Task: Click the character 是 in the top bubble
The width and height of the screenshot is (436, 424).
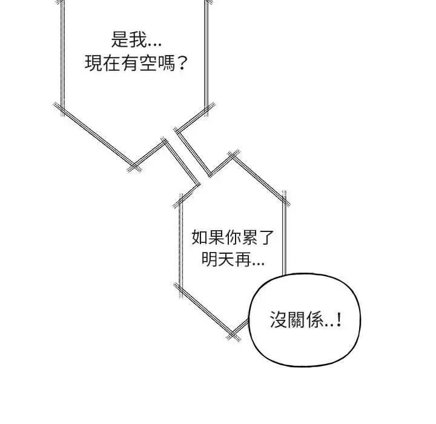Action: pos(120,39)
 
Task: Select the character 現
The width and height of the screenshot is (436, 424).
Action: pos(93,63)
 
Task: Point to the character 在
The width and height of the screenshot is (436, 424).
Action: pos(112,63)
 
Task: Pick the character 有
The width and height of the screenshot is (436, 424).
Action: pos(130,63)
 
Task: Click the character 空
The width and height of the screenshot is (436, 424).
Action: pos(148,63)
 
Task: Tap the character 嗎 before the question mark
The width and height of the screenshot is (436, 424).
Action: pos(167,63)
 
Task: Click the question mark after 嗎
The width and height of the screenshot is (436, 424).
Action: pos(182,64)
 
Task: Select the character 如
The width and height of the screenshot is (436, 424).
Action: pos(200,237)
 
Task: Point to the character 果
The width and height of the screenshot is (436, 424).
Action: pos(216,237)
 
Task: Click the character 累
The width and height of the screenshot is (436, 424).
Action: pos(249,237)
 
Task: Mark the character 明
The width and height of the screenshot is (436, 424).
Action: pos(210,259)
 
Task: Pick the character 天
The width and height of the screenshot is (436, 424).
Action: pos(226,259)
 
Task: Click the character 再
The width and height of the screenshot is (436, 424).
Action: pos(243,259)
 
